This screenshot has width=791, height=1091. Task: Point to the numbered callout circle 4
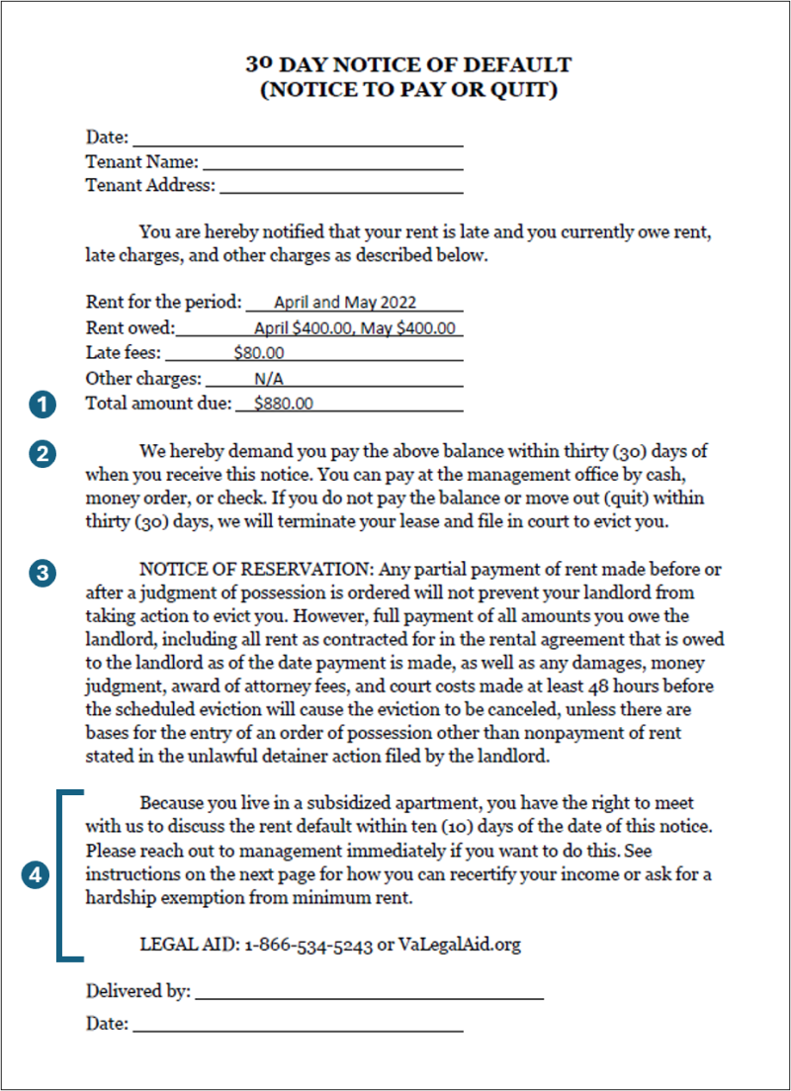point(37,874)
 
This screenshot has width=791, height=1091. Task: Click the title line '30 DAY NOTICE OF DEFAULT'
point(408,65)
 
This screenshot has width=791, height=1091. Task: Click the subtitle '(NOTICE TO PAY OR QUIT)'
point(408,91)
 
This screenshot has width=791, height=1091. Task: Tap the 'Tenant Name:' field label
point(142,161)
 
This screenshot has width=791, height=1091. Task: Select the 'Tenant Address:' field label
point(150,185)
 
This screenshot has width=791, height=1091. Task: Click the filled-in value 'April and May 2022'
point(345,303)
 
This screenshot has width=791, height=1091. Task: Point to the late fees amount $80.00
point(259,352)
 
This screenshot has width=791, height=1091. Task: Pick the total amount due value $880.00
point(283,404)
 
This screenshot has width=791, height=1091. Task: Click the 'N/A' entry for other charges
point(267,378)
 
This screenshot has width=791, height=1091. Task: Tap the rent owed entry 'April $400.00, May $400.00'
point(355,327)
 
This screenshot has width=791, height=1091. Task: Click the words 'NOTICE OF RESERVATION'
point(255,572)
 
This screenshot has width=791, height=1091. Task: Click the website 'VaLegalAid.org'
point(459,945)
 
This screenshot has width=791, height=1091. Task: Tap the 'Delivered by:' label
point(138,992)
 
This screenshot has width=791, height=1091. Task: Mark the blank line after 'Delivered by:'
point(369,997)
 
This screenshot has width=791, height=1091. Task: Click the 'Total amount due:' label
point(158,404)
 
